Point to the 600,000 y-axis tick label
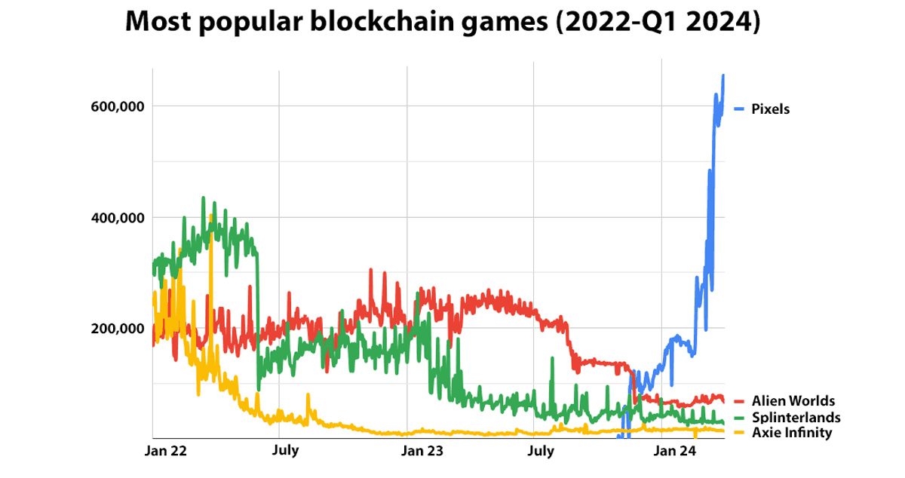(117, 106)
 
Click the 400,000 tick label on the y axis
(117, 218)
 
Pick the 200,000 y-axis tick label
(117, 329)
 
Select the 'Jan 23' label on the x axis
(422, 452)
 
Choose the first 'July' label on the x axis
(285, 452)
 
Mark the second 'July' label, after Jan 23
(540, 452)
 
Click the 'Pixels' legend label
(770, 109)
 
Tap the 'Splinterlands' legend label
(795, 417)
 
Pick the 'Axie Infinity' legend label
(791, 433)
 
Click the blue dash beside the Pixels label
(739, 109)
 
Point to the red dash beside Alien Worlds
(739, 401)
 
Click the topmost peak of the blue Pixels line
(723, 75)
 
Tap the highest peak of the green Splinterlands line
(204, 198)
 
